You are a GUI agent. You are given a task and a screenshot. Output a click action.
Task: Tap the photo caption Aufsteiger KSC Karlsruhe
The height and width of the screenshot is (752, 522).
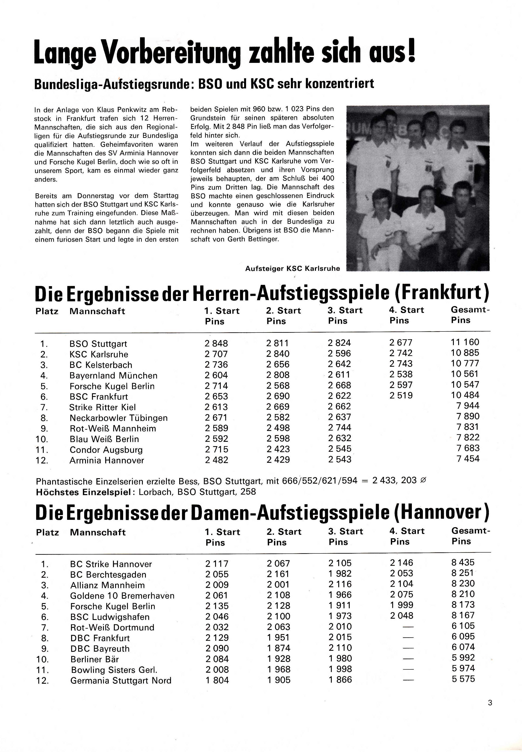click(292, 269)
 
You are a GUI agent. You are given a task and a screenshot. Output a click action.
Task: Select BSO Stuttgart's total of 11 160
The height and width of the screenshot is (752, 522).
click(465, 342)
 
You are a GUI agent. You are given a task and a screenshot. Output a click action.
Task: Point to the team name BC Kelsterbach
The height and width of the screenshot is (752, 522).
click(101, 365)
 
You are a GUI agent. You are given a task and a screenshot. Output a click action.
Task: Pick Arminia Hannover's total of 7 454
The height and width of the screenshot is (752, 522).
click(468, 458)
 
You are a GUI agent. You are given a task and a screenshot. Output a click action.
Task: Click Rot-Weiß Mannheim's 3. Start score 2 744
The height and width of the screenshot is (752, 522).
click(340, 428)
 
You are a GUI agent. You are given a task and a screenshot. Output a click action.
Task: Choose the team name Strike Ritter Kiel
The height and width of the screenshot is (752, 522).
click(102, 407)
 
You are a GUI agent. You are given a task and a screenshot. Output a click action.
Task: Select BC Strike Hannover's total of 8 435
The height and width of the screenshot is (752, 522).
click(463, 562)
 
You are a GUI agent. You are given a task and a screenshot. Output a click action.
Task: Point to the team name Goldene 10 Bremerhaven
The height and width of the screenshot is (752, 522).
click(122, 595)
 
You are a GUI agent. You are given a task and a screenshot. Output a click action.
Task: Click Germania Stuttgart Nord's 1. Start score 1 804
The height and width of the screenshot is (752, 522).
click(217, 680)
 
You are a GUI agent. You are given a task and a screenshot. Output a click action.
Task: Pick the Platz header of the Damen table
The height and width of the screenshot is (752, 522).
click(47, 532)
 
